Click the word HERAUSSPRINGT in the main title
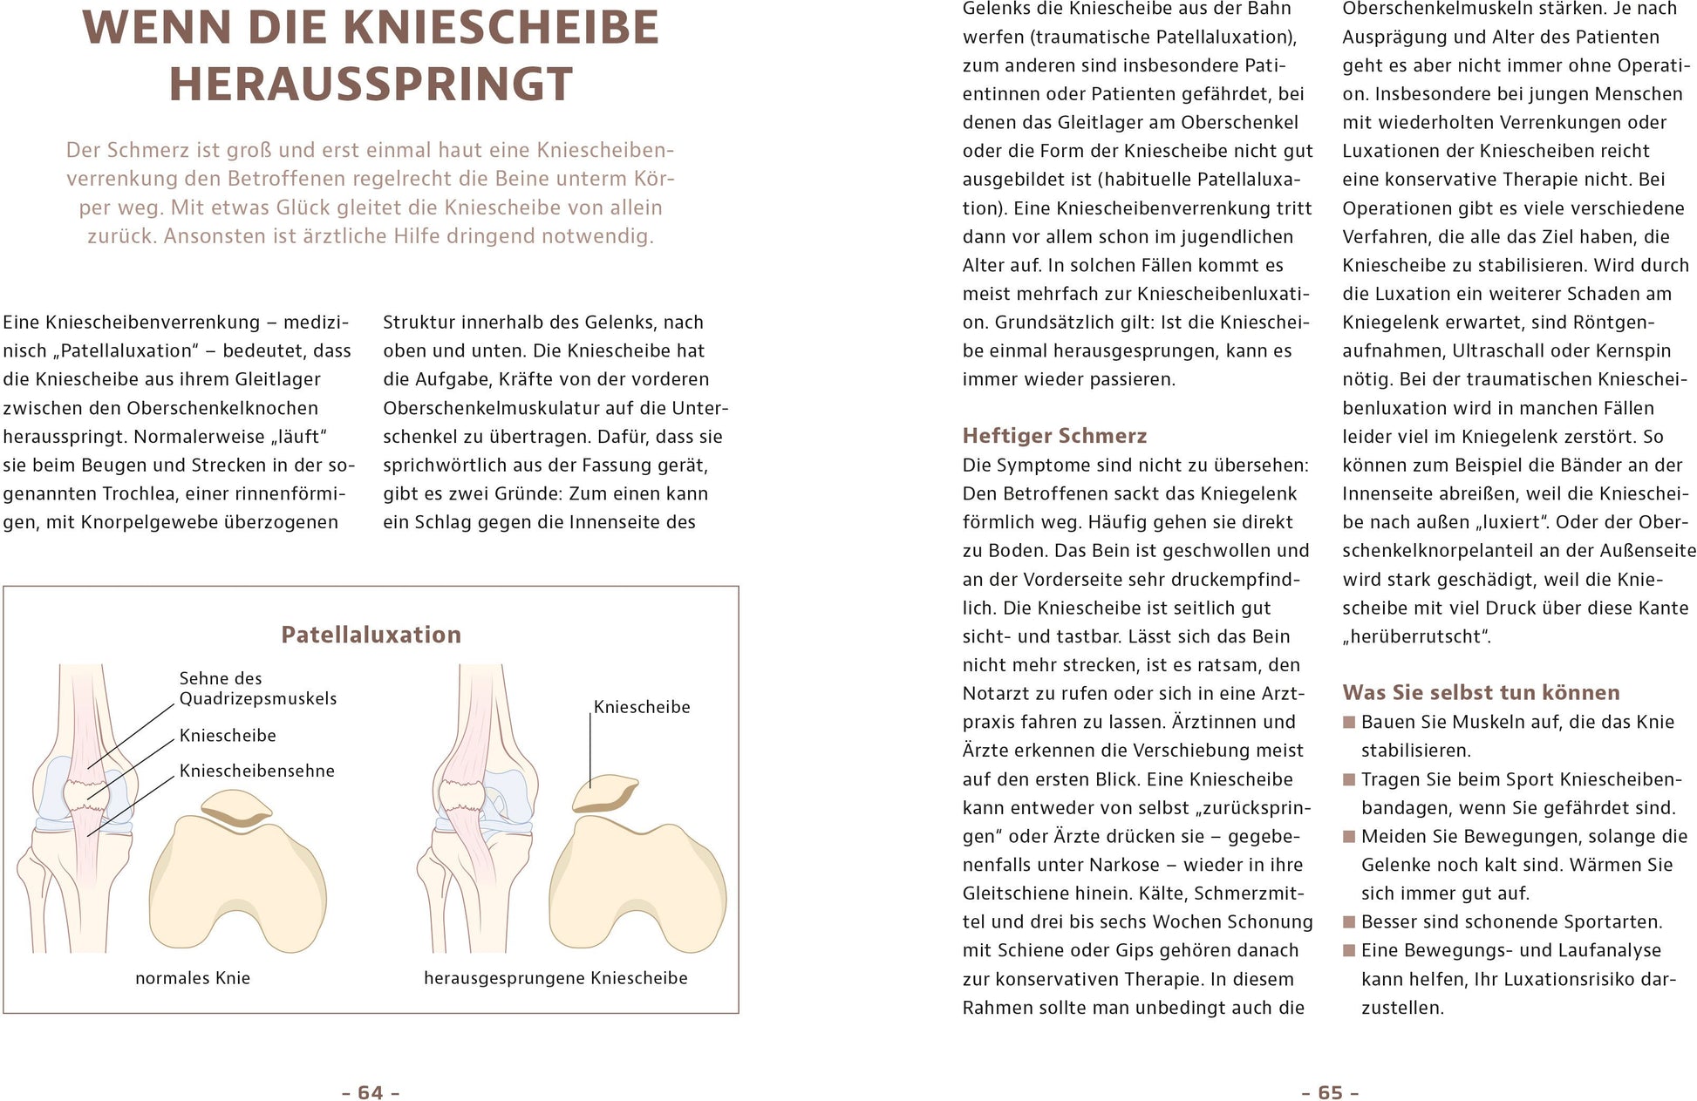(371, 85)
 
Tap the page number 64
(371, 1092)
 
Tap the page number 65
(1330, 1092)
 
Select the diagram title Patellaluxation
(371, 635)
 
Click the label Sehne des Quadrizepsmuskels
(257, 689)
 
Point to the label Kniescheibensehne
(256, 771)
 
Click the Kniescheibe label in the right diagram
(641, 707)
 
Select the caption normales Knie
(193, 978)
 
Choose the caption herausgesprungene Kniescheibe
(555, 978)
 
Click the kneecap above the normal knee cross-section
(237, 807)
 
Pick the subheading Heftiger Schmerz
(1054, 436)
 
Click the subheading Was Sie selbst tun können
(1481, 693)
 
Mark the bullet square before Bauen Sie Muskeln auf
(1350, 722)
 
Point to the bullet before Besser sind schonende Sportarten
(1350, 922)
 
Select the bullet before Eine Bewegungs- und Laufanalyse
(1350, 950)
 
